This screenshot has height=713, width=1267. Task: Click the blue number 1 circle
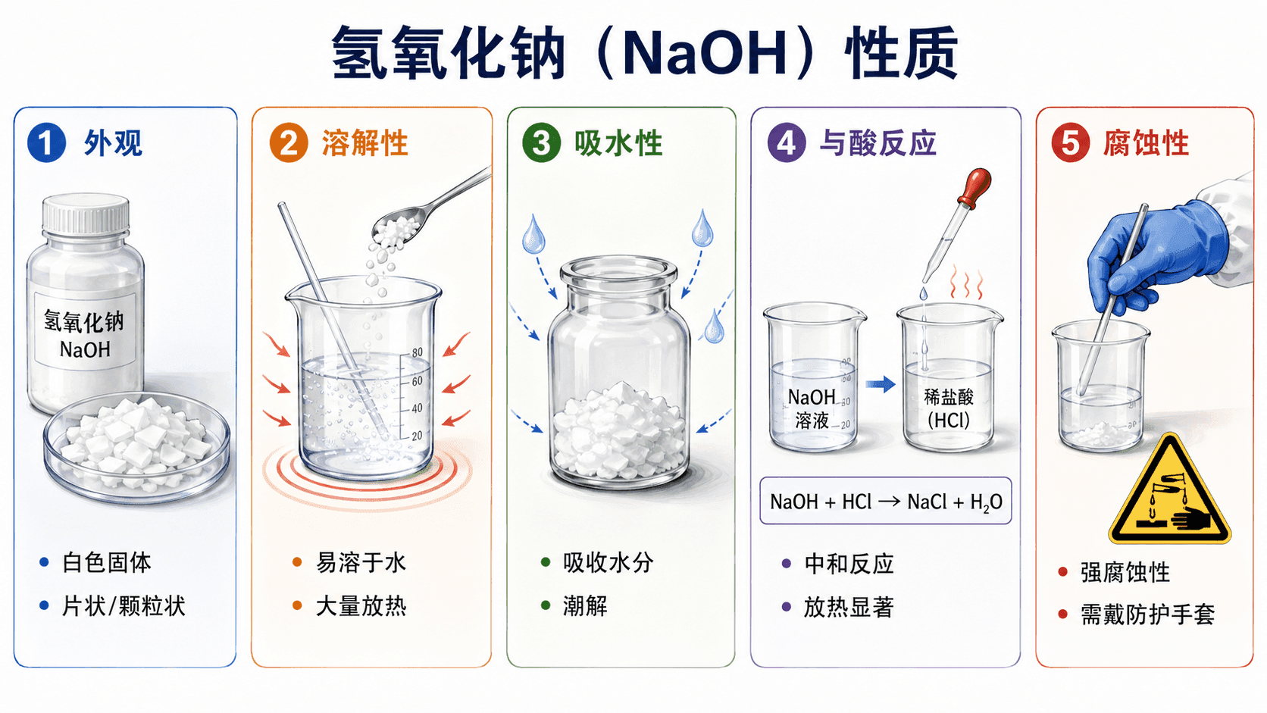click(x=46, y=142)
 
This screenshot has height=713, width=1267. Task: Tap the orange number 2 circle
click(x=289, y=142)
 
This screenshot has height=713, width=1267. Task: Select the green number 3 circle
click(x=541, y=142)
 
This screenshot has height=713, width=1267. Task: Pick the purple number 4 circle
click(x=787, y=142)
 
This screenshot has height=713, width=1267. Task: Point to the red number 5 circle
click(x=1070, y=142)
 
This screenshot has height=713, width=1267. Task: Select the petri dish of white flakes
click(x=137, y=447)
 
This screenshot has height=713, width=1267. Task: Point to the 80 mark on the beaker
click(x=417, y=352)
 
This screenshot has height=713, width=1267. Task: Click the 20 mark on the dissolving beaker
click(x=417, y=436)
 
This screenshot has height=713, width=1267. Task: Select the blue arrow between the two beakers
click(x=881, y=385)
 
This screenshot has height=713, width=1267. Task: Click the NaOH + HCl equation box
click(x=886, y=501)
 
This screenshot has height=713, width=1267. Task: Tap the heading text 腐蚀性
click(x=1146, y=143)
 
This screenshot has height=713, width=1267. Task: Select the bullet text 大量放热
click(x=361, y=606)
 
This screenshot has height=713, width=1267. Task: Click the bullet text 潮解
click(x=585, y=606)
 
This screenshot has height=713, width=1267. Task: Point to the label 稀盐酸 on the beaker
click(x=949, y=397)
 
